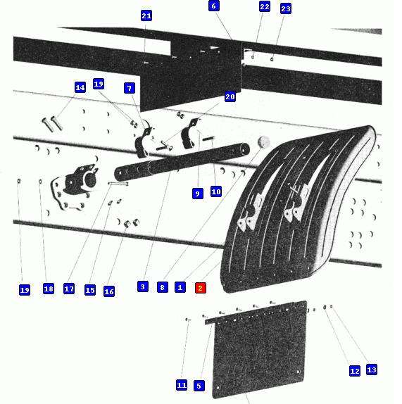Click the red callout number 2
tap(201, 288)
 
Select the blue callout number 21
tap(146, 15)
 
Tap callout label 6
tap(214, 6)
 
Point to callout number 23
tap(286, 8)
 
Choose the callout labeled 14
tap(80, 87)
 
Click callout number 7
tap(130, 89)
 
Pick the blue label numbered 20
tap(230, 96)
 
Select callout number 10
tap(216, 191)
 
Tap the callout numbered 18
tap(49, 289)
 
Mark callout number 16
tap(109, 291)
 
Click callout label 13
tap(372, 370)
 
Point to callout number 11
tap(182, 385)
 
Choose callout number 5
tap(199, 386)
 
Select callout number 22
tap(265, 7)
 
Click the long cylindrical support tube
tap(182, 162)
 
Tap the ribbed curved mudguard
tap(299, 209)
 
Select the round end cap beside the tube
tap(263, 142)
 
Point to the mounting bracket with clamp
tap(75, 186)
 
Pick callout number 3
tap(143, 286)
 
